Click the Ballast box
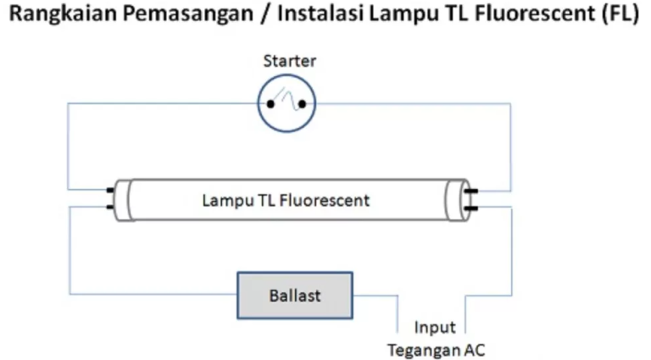(x=294, y=296)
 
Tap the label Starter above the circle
(x=289, y=61)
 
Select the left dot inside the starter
(x=270, y=105)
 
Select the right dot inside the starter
(x=301, y=105)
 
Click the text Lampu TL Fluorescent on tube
(x=286, y=201)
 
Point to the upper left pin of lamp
(x=110, y=191)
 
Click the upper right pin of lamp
(x=471, y=191)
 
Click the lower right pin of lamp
(x=471, y=206)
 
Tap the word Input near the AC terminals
(x=435, y=327)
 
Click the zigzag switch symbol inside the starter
(x=287, y=101)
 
